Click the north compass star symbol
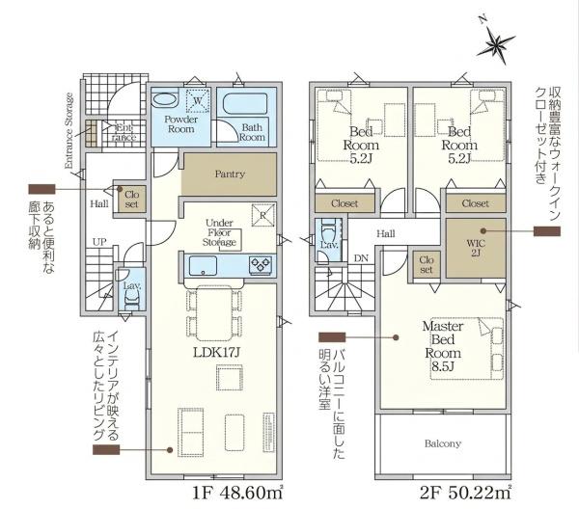[x=495, y=44]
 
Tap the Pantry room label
[x=230, y=174]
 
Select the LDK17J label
[x=217, y=353]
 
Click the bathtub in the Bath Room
[x=245, y=103]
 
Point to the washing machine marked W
[x=198, y=100]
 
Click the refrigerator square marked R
[x=263, y=215]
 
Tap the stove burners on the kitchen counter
[x=262, y=265]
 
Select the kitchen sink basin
[x=203, y=266]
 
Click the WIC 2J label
[x=476, y=248]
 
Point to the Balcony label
[x=442, y=443]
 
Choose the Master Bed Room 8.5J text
[x=443, y=346]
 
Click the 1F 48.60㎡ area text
[x=237, y=493]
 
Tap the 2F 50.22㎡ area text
[x=466, y=493]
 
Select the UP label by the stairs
[x=99, y=242]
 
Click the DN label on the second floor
[x=361, y=258]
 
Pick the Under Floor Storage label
[x=219, y=232]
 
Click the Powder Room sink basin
[x=165, y=100]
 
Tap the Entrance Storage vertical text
[x=69, y=130]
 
